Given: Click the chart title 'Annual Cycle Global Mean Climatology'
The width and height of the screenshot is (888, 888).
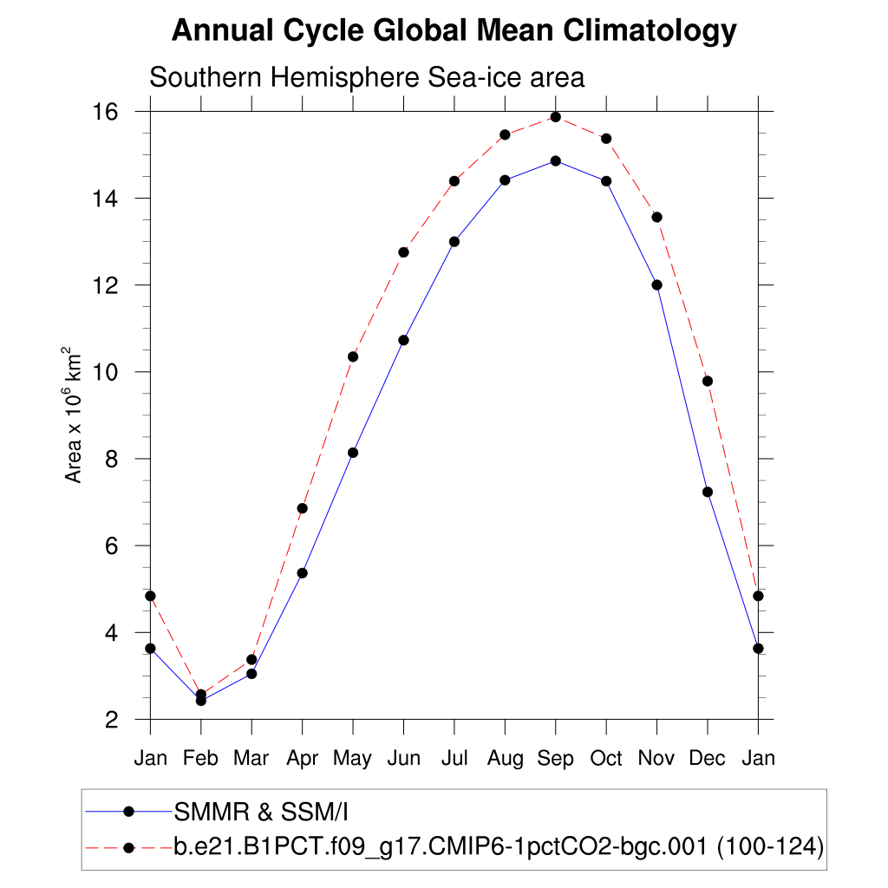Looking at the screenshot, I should (x=454, y=31).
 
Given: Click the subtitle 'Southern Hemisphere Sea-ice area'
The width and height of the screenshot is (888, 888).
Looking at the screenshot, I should (x=367, y=77).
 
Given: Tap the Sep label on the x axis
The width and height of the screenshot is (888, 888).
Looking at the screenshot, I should (x=556, y=759).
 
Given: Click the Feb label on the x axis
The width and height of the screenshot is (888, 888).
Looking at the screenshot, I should (x=200, y=759).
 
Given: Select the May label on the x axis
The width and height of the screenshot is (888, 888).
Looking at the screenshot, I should (x=352, y=759).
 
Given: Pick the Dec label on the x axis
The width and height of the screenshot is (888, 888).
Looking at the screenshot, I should (x=708, y=759).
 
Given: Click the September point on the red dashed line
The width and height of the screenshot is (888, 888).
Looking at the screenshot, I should (x=556, y=117).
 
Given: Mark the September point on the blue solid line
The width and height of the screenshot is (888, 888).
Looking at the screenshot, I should (x=556, y=160).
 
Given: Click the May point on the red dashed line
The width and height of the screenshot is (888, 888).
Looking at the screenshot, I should (x=353, y=356).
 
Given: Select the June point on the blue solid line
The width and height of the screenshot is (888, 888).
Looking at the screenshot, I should (x=403, y=340).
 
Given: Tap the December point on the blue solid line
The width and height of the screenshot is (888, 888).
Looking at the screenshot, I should (x=708, y=492).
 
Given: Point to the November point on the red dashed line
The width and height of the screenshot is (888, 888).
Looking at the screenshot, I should (x=657, y=217).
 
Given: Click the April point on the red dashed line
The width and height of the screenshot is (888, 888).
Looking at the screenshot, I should (x=302, y=508).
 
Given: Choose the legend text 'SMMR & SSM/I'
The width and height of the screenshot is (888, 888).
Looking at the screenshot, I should (x=261, y=813).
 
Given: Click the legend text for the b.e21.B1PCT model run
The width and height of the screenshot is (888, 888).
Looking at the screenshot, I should (x=498, y=847).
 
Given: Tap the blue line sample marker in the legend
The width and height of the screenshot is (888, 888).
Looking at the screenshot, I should (x=129, y=812).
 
